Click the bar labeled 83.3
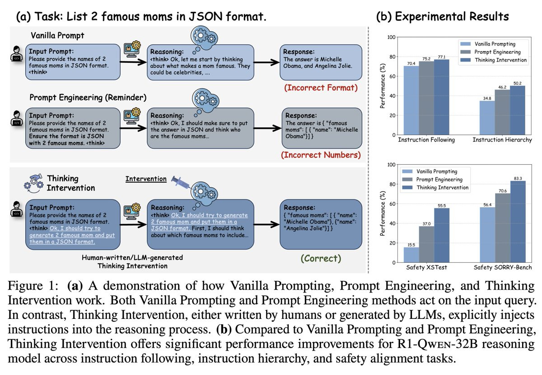pos(518,222)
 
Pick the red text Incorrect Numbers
pos(321,155)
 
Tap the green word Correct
pos(321,258)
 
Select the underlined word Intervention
pos(146,179)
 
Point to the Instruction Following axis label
pos(426,140)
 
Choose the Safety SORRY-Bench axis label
pos(502,268)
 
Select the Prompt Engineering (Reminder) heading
pos(88,97)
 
